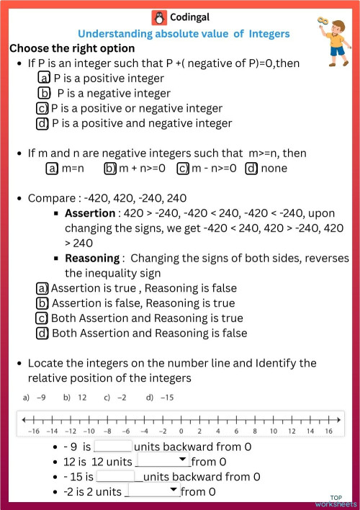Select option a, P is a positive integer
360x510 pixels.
click(44, 78)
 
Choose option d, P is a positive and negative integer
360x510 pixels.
click(42, 123)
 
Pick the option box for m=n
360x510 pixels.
click(51, 168)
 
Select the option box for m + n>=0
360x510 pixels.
click(110, 168)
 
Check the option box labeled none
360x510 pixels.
click(251, 168)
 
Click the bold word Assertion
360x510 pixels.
click(90, 213)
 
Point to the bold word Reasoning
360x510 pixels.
click(92, 258)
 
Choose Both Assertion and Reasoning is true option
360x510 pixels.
click(42, 318)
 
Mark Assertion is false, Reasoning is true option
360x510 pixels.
click(42, 303)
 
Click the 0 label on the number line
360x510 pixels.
click(180, 430)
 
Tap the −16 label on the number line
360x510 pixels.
click(32, 430)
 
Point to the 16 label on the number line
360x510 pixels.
click(328, 430)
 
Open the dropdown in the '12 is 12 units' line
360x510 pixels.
click(163, 461)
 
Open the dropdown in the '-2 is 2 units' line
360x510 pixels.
click(152, 491)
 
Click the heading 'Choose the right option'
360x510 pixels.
click(72, 48)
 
